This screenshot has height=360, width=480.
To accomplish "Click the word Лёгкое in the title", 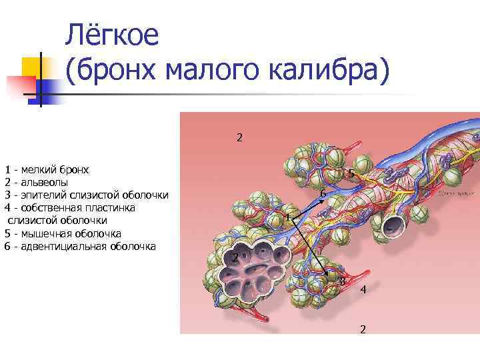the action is tap(113, 35).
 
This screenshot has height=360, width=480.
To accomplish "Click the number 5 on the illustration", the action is tap(351, 174).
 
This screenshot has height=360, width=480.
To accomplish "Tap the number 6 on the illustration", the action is tap(322, 194).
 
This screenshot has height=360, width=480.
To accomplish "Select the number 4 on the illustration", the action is tap(363, 290).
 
